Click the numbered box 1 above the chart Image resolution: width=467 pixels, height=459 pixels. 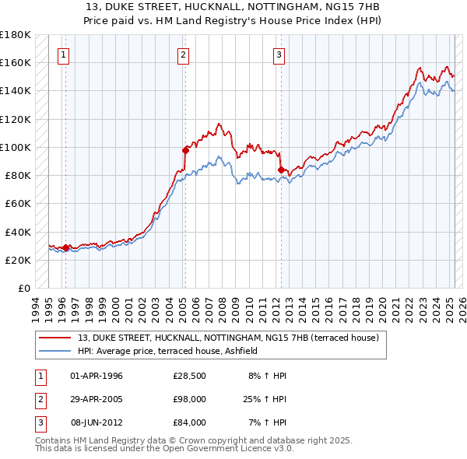tap(62, 54)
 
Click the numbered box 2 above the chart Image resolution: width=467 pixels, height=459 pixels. tap(182, 54)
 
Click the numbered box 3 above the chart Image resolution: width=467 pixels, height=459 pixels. tap(279, 54)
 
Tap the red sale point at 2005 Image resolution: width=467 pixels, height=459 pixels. tap(185, 150)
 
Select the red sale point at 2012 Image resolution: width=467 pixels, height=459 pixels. tap(280, 170)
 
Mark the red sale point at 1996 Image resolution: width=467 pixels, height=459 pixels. tap(65, 248)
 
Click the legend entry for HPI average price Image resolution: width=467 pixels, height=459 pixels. tap(172, 351)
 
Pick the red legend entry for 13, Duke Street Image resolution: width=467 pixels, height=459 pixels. tap(228, 338)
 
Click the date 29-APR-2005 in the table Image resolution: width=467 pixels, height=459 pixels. tap(96, 399)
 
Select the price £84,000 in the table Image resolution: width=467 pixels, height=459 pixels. tap(189, 422)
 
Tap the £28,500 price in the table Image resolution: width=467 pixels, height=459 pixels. tap(189, 376)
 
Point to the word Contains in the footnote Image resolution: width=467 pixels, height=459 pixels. tap(53, 440)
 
